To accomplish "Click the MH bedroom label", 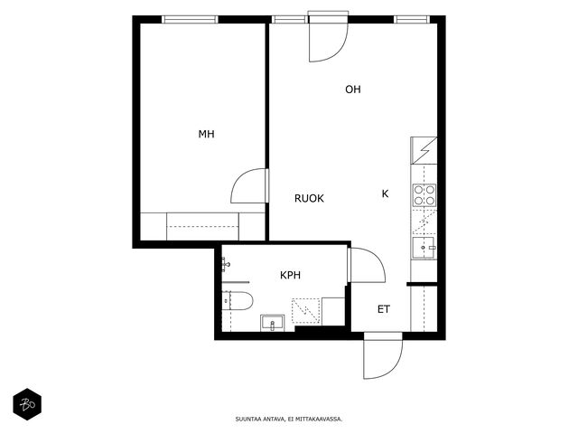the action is [x=207, y=134].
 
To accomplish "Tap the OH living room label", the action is [x=353, y=90].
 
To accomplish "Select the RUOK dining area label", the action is [x=309, y=199].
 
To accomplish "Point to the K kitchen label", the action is [x=385, y=193].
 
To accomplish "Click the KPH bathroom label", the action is [x=290, y=275].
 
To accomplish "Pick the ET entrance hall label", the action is [x=383, y=309].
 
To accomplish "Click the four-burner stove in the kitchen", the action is [x=424, y=195].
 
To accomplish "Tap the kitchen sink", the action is [x=424, y=248].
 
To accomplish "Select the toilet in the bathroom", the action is [x=238, y=300].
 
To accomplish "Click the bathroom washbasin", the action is [x=273, y=323].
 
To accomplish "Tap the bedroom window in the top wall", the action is [x=190, y=19].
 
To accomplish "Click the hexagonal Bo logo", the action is [x=27, y=404].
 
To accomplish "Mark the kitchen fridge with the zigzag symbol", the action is [x=424, y=151].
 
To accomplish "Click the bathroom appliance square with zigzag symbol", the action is [x=306, y=311].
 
